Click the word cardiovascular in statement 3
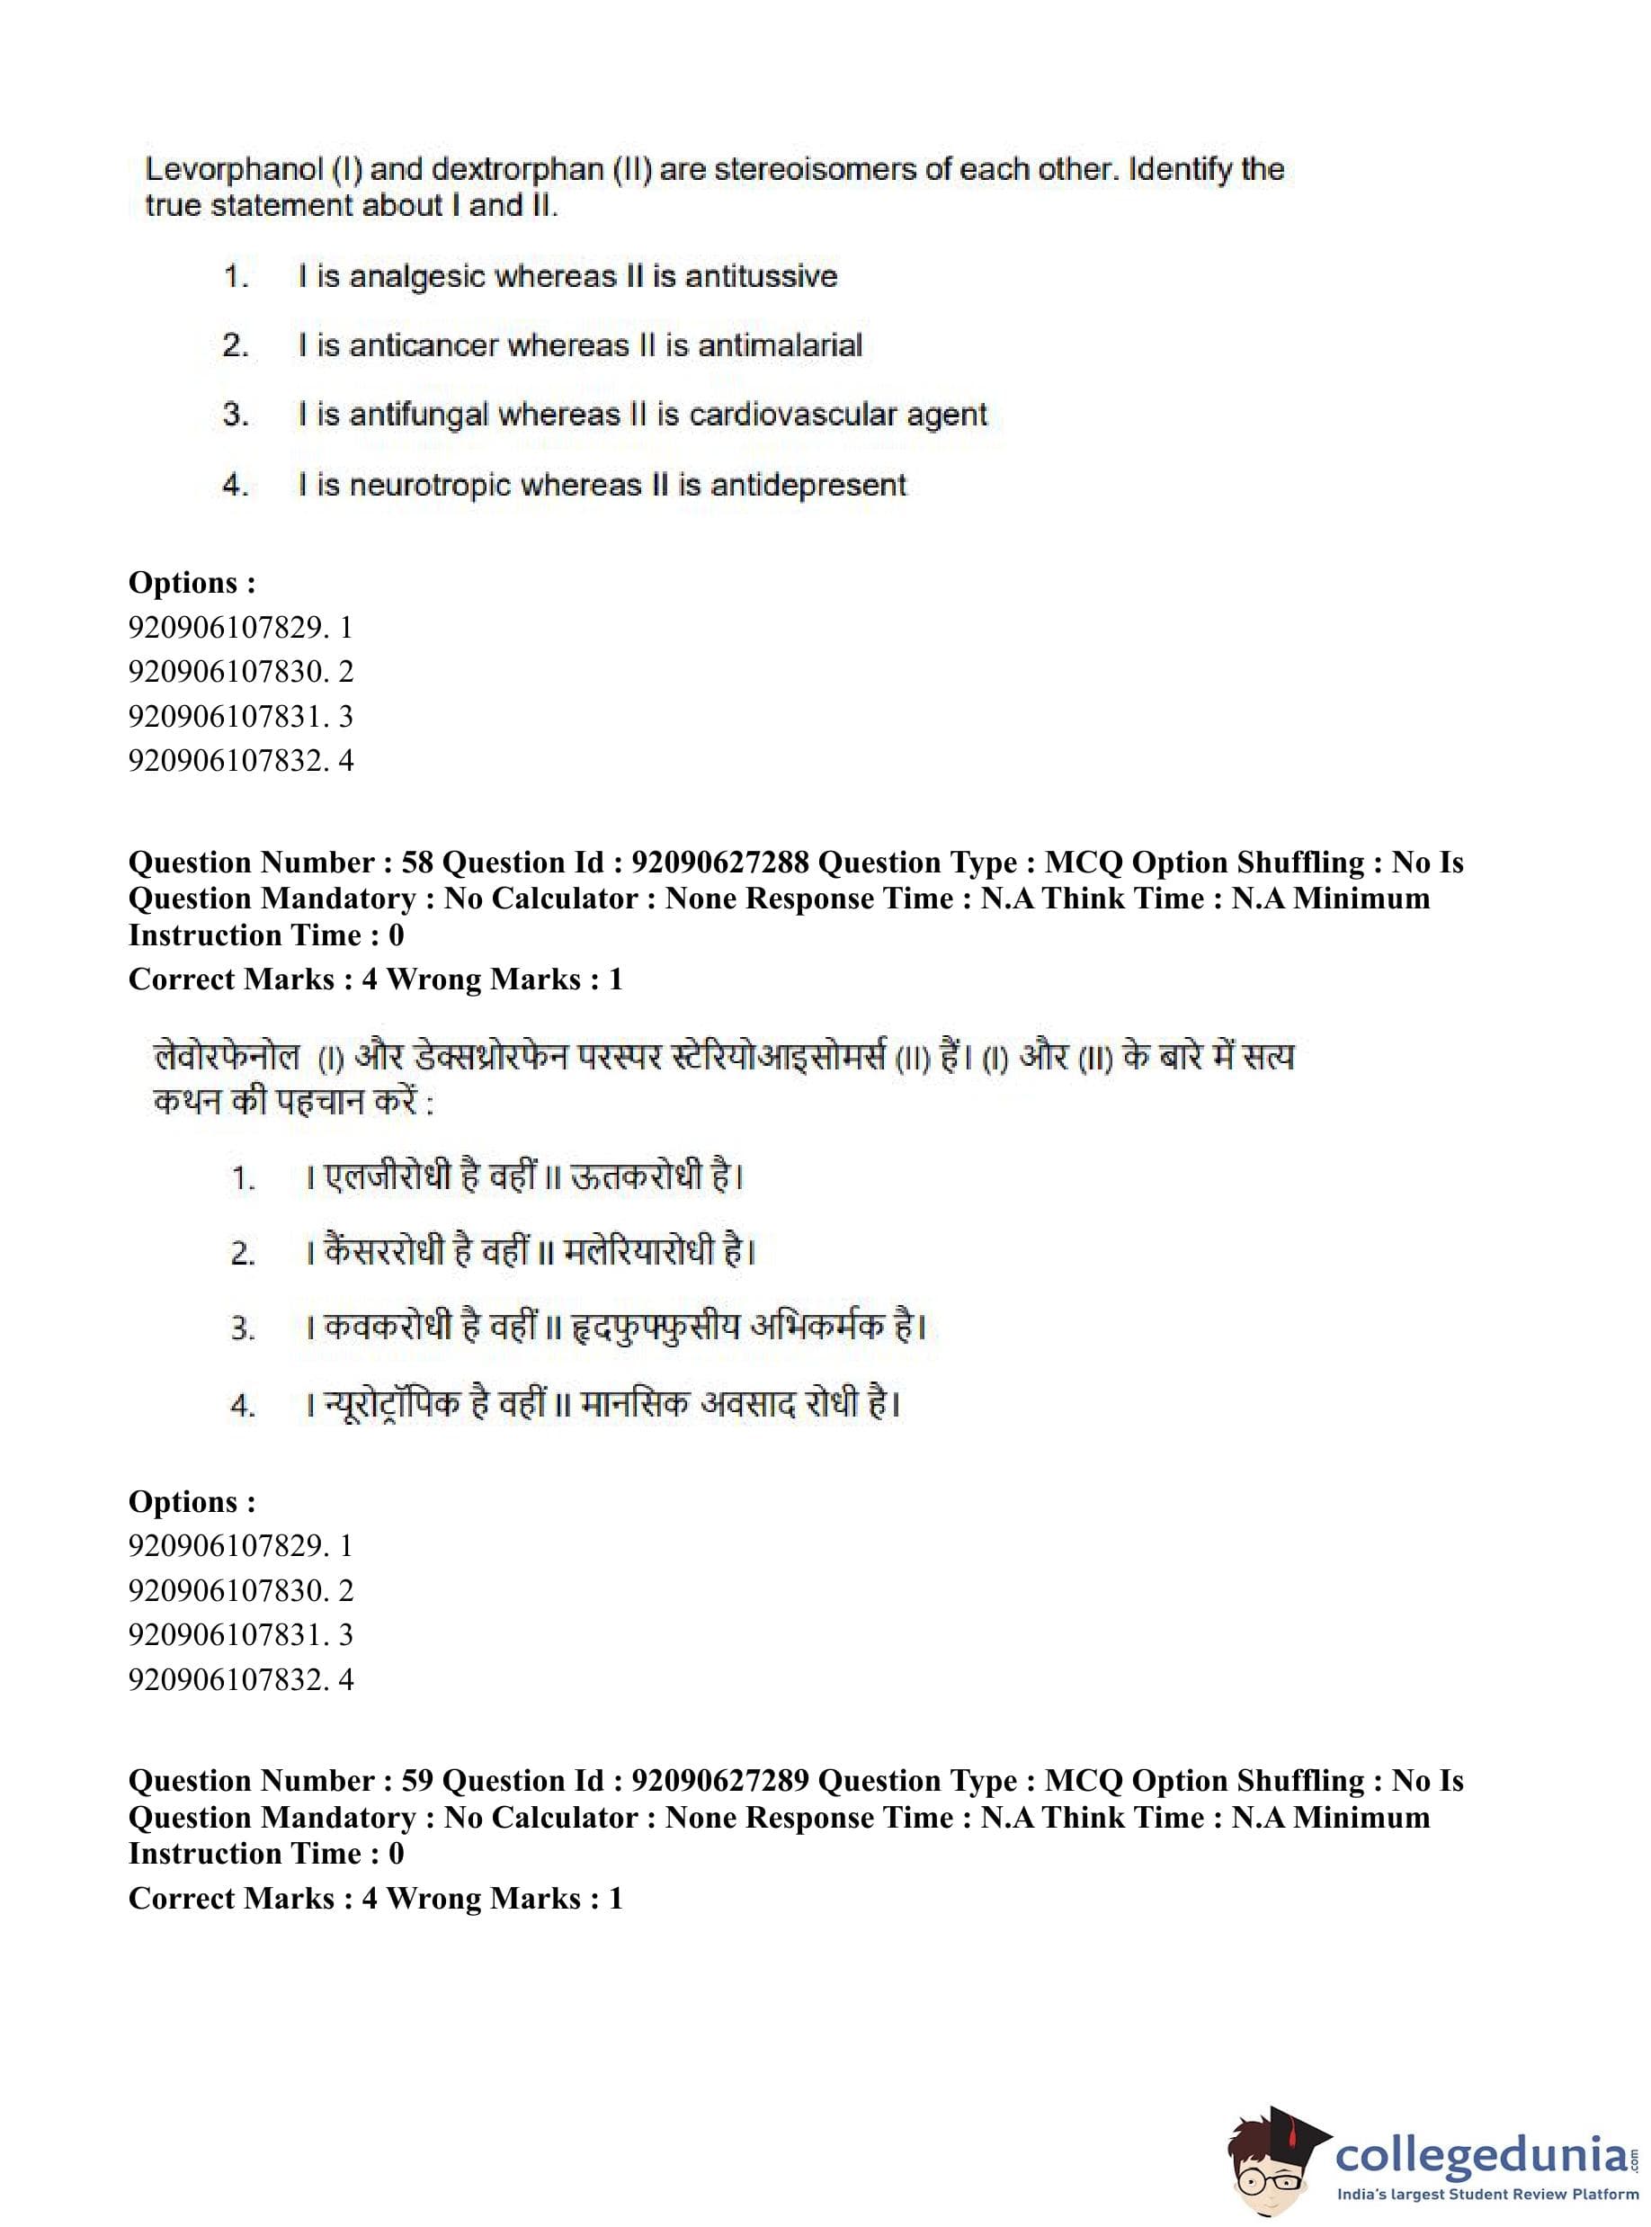792,414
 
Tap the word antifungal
419,415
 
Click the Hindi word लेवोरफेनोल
227,1057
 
